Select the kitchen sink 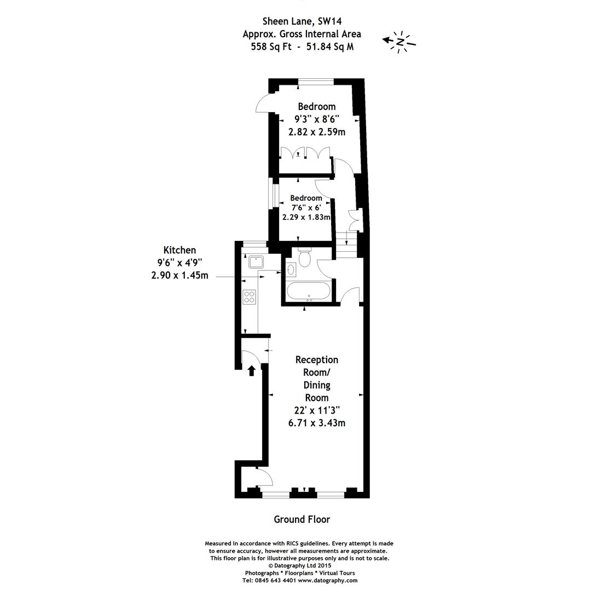point(256,261)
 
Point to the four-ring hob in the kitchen point(250,297)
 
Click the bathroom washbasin point(291,269)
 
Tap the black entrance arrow point(251,370)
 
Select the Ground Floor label point(302,519)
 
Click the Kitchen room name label point(179,250)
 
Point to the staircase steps point(346,245)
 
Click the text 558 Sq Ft point(271,47)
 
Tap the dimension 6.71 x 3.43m point(317,423)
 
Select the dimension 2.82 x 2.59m point(317,132)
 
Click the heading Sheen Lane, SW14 point(302,21)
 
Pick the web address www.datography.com point(328,581)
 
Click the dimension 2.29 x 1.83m point(306,217)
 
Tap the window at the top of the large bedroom point(316,82)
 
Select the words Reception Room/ point(317,366)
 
